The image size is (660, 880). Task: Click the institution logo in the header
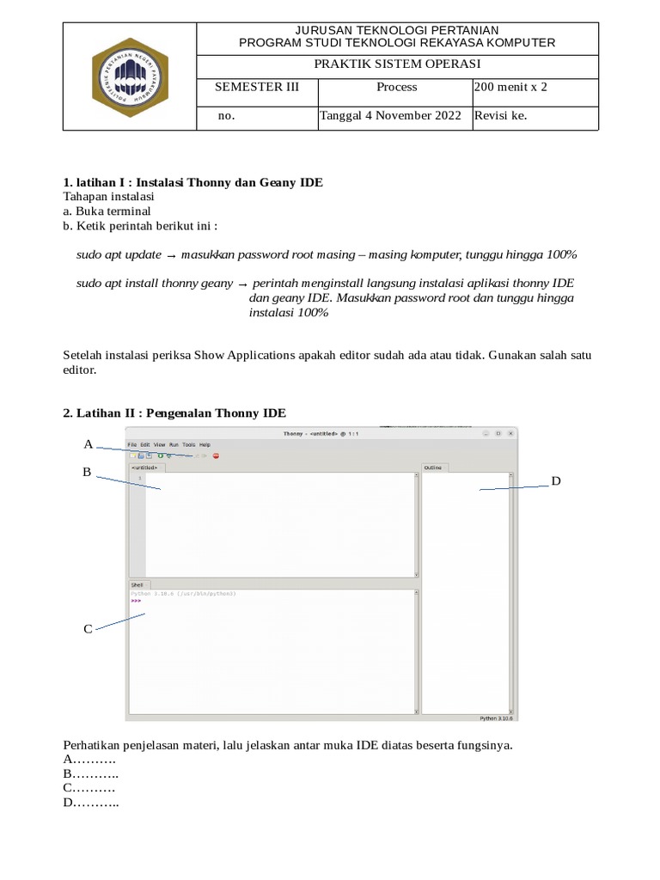tap(130, 77)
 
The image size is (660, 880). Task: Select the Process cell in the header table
tap(396, 87)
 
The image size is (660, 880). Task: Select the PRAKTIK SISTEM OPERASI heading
tap(396, 64)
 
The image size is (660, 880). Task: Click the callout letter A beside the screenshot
tap(88, 444)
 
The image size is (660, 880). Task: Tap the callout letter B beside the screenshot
tap(87, 472)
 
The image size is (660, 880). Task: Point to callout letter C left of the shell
tap(88, 629)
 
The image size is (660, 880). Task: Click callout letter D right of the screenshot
tap(556, 481)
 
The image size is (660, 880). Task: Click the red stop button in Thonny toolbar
tap(216, 455)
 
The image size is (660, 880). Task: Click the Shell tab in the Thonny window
tap(137, 584)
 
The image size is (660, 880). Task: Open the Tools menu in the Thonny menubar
tap(188, 444)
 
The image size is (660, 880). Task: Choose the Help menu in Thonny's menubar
tap(205, 444)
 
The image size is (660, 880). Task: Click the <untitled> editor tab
tap(144, 467)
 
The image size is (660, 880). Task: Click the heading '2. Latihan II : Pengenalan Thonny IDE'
tap(174, 413)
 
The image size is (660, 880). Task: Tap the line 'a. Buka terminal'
tap(107, 211)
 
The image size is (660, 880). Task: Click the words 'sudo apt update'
tap(119, 255)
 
